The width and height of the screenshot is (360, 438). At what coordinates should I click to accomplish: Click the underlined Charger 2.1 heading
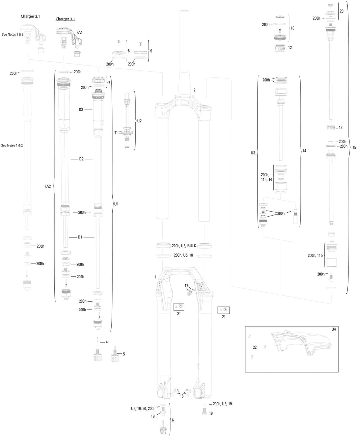coord(32,17)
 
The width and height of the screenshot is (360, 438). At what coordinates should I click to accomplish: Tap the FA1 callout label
coord(80,33)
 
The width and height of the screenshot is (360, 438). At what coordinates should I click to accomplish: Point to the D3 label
coord(81,109)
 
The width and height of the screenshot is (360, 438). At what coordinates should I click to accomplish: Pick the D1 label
coord(81,237)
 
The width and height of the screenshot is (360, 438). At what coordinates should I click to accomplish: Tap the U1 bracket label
coord(116,204)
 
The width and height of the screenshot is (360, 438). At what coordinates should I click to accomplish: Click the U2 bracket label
coord(139,121)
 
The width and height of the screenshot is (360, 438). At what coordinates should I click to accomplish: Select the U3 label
coord(253,153)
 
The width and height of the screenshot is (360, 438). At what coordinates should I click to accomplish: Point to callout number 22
coord(255,348)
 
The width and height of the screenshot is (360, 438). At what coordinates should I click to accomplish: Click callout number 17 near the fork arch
coord(186,286)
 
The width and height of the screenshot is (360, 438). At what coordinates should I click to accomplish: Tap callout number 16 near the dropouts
coord(181,396)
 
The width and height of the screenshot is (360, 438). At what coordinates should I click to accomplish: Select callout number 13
coord(341,128)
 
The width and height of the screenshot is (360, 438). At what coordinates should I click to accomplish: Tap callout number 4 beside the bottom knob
coord(107,342)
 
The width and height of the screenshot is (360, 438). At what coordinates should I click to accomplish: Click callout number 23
coord(341,11)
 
